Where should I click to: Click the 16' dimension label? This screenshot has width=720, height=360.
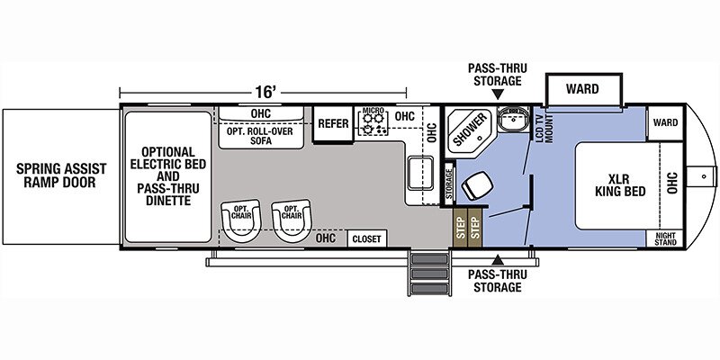point(265,92)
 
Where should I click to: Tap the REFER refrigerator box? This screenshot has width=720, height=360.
point(334,124)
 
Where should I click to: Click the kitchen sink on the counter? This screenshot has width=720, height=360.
point(420,172)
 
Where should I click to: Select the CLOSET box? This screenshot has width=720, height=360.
point(367,238)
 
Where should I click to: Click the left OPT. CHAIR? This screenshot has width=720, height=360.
point(241,220)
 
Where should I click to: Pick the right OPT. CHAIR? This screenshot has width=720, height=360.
point(292,220)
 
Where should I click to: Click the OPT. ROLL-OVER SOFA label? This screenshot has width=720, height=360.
point(261,136)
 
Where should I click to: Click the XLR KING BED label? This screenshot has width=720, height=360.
point(620,184)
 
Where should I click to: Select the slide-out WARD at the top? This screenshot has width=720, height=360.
point(582,88)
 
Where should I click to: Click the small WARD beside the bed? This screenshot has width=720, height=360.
point(665,122)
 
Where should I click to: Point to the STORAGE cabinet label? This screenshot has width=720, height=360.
point(448,184)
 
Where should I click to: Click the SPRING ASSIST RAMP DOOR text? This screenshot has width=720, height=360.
point(60,175)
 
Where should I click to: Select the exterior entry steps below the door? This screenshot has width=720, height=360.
point(429,274)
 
